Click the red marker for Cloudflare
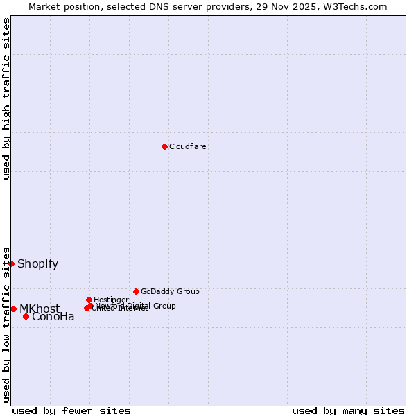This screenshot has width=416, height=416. coord(164,146)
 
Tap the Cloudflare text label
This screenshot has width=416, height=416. coord(188,146)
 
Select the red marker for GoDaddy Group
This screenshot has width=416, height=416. coord(136,291)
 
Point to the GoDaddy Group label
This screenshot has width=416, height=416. coord(170,291)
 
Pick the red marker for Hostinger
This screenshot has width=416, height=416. coord(89,300)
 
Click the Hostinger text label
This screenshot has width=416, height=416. coord(111,300)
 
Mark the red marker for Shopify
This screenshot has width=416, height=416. coord(11,263)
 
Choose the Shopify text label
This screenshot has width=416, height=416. coord(38,263)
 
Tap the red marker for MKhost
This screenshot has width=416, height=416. coord(13,309)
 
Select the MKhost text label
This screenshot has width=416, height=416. coord(40,309)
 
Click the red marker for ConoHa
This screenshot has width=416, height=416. coord(26,316)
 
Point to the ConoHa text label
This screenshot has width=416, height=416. coord(53,317)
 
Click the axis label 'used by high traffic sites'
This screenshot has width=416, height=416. coord(6,98)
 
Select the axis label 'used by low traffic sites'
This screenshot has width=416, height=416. coord(6,324)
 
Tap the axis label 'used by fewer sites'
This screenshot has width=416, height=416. coord(71,410)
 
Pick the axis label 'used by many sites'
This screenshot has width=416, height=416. coord(348,410)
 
